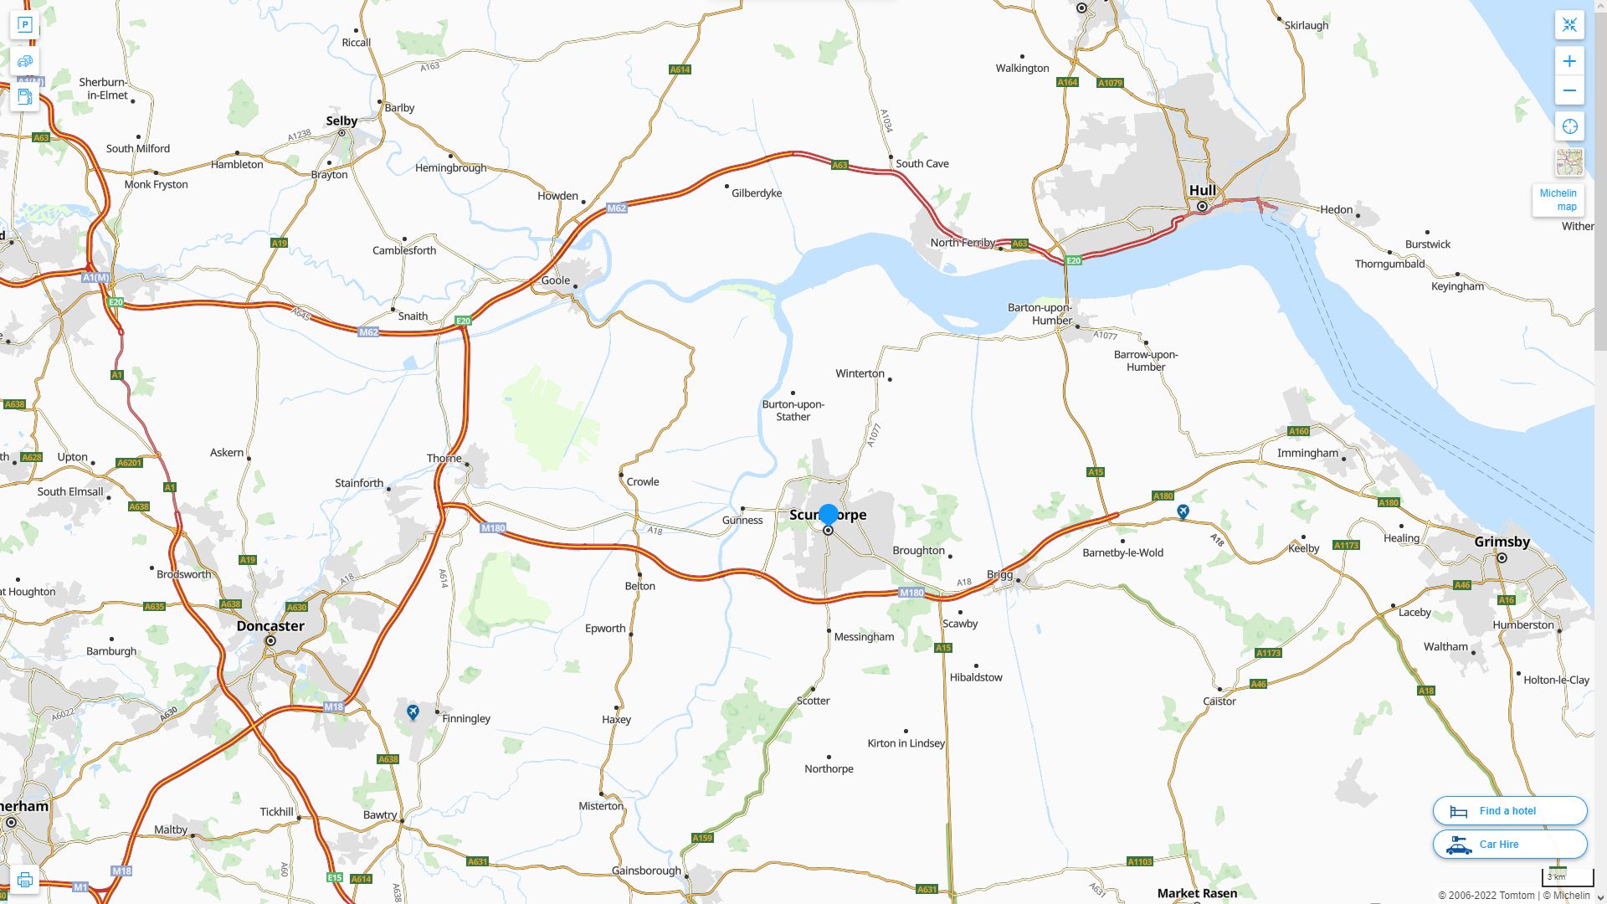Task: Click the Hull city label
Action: (1202, 190)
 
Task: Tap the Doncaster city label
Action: (270, 626)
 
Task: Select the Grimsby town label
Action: (1502, 542)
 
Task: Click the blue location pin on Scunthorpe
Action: (828, 515)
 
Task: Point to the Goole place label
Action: (555, 280)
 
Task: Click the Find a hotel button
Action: (1509, 810)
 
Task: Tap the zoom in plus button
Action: (1569, 61)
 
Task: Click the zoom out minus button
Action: (1569, 90)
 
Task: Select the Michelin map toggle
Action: (1558, 199)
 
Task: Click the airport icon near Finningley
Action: (413, 711)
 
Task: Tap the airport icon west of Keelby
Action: (1183, 511)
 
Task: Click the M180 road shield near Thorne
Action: (493, 528)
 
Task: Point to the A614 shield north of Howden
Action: (680, 69)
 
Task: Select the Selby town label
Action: (341, 121)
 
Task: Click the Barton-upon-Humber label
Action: (1040, 314)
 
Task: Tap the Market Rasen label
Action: (1197, 893)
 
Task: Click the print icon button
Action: (24, 880)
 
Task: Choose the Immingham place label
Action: (1307, 453)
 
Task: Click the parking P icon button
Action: (24, 25)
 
